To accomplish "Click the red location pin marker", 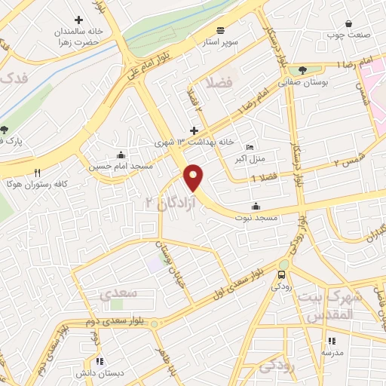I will click(x=195, y=177).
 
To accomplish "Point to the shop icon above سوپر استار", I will click(x=220, y=30).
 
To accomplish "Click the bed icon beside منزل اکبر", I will click(x=250, y=147).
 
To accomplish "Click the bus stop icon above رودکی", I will click(x=282, y=274).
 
